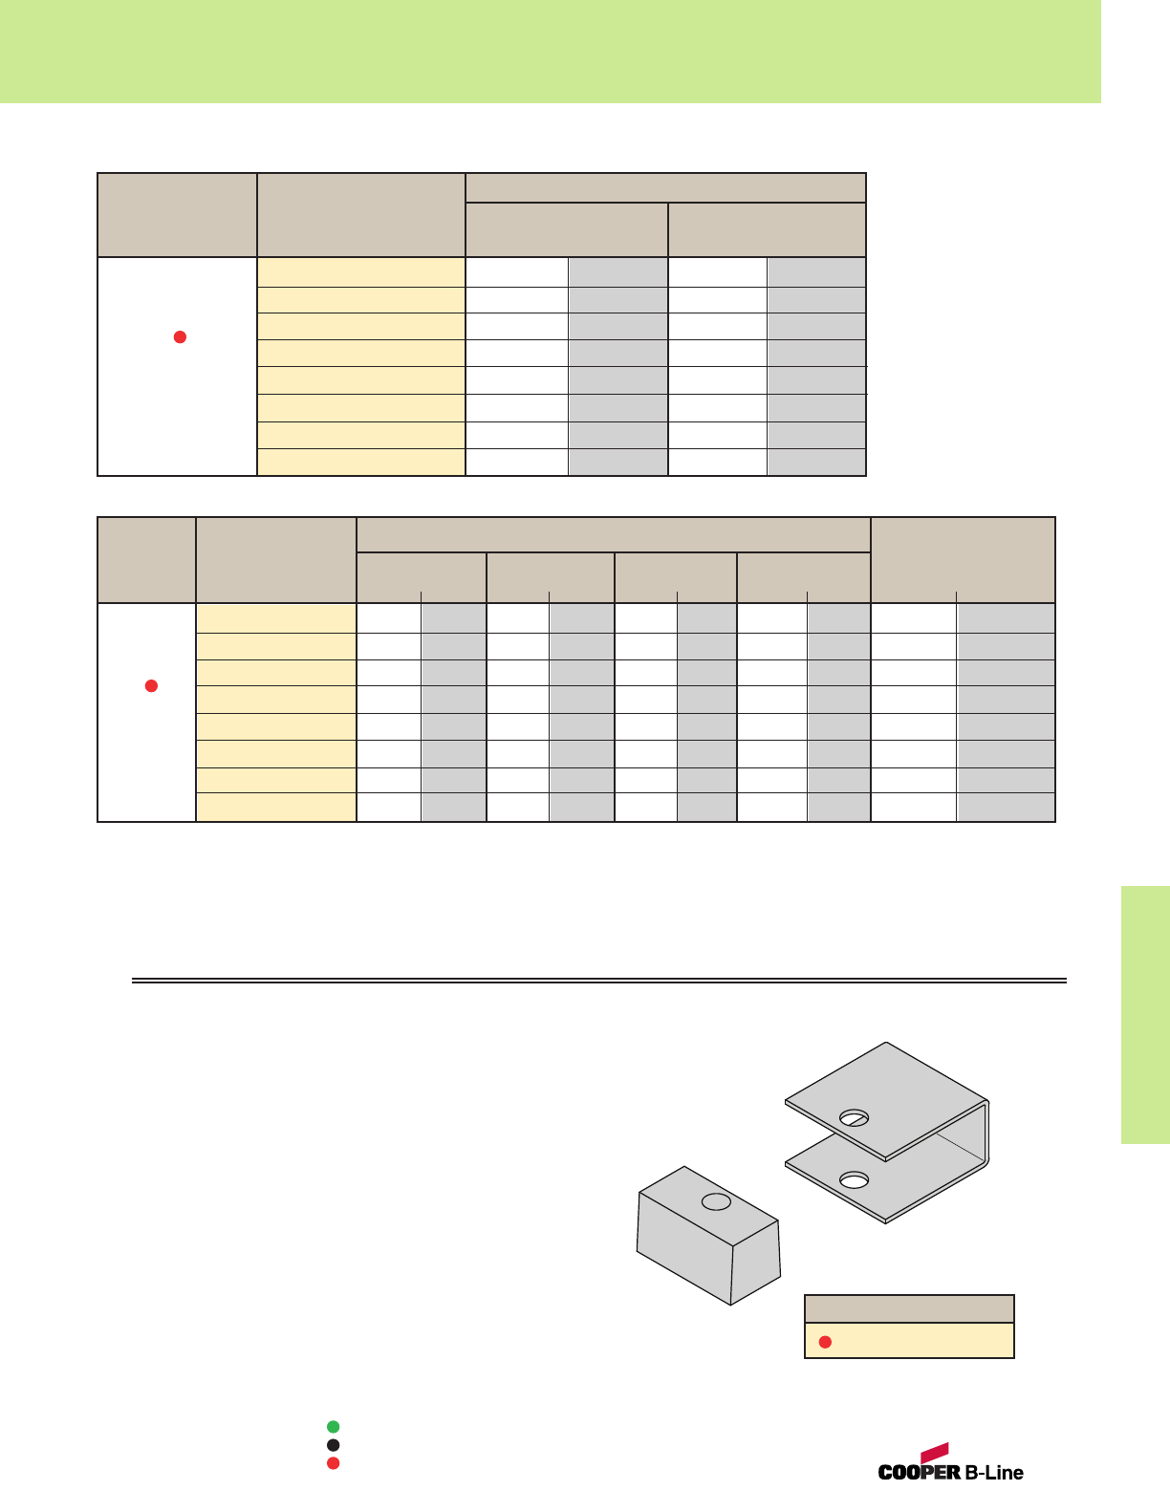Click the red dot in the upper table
point(179,336)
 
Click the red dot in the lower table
point(150,685)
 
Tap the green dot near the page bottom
point(333,1427)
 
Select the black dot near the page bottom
point(333,1445)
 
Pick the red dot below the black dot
point(333,1463)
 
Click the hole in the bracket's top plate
point(854,1118)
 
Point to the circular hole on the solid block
point(716,1202)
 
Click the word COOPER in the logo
point(919,1473)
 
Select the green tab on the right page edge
point(1145,1014)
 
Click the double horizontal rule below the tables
point(598,981)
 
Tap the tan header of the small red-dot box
point(909,1308)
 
